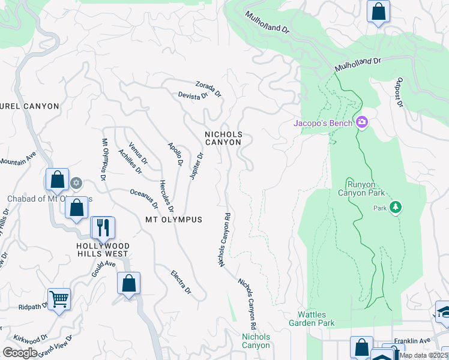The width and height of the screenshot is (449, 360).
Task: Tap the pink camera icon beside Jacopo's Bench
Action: coord(361,123)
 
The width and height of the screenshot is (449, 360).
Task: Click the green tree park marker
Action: coord(395,208)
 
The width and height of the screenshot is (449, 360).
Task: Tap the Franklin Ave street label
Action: coord(412,340)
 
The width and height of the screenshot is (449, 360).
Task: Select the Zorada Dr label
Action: coord(208,89)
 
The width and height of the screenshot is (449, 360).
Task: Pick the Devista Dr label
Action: coord(193,94)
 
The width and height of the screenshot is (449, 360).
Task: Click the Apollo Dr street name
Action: coord(175,154)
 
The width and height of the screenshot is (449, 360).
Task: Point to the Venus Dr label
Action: coord(138,152)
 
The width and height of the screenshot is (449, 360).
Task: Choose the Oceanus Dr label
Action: coord(144,199)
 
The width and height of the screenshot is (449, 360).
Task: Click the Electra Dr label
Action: coord(181,281)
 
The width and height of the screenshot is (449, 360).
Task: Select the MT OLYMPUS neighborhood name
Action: coord(173,220)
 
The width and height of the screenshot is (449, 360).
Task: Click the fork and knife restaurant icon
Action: coord(101,227)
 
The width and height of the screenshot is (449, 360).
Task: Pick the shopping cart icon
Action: coord(59,298)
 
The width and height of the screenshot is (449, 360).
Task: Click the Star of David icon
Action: coord(76,182)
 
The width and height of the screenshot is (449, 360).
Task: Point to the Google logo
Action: coord(20,352)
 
